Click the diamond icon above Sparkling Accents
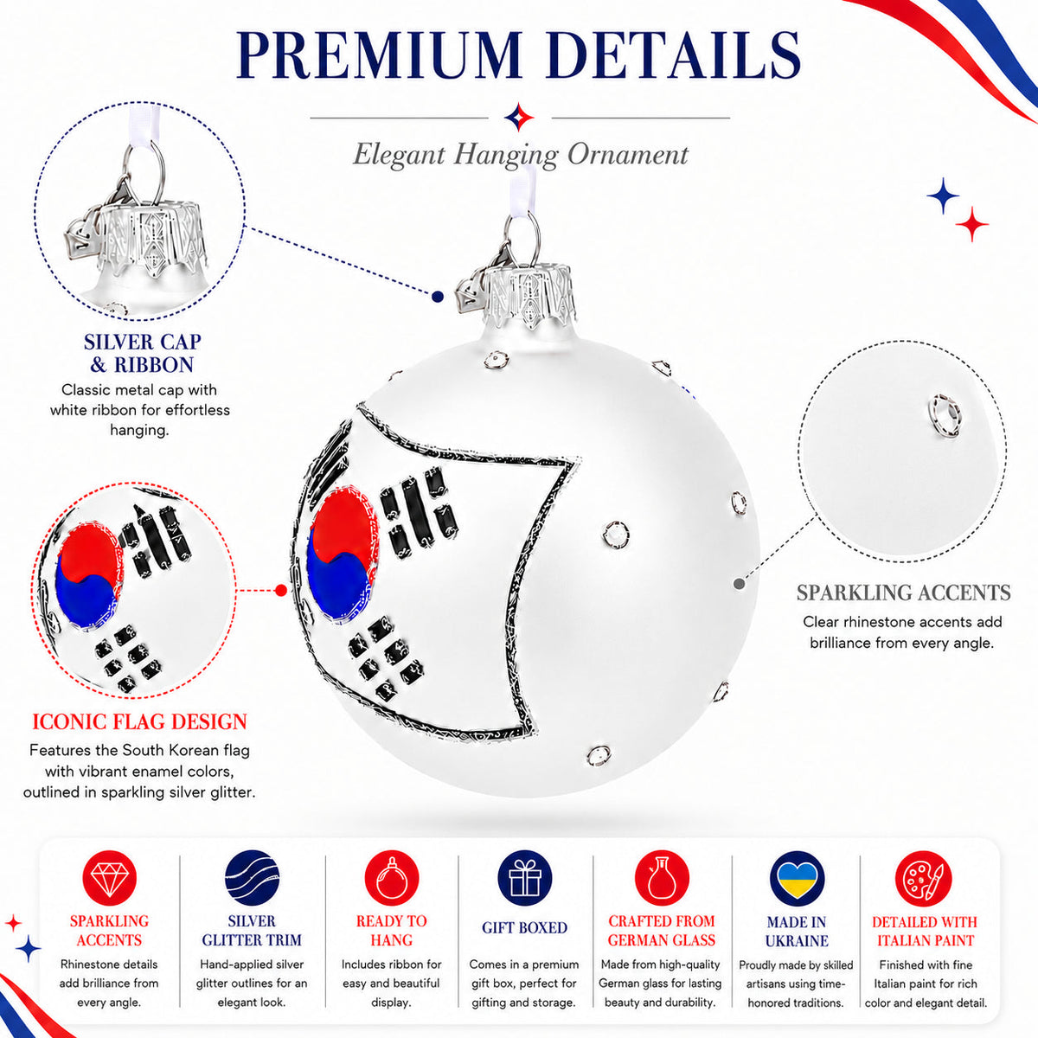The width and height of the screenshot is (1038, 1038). tap(109, 877)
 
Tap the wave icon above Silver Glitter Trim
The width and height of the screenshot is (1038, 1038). tap(252, 877)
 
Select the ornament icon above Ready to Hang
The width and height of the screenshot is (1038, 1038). tap(392, 878)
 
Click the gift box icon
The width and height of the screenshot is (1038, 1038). tap(525, 878)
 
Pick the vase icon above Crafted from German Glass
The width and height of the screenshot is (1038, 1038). tap(662, 878)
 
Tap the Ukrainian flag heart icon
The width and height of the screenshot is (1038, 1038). tap(797, 878)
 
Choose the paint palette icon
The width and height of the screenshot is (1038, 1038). tap(923, 878)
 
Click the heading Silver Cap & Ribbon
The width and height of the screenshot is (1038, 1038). tap(142, 354)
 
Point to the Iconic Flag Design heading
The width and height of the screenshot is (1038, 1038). tap(139, 721)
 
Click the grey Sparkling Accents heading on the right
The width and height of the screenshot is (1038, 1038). tap(903, 593)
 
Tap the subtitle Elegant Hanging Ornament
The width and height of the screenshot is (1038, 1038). tap(521, 155)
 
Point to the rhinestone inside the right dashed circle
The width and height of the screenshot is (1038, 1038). tap(945, 416)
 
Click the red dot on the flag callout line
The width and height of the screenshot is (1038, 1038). tap(280, 591)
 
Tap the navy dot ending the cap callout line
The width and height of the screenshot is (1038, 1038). tap(438, 297)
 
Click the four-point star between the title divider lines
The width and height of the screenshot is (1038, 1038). tap(519, 117)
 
